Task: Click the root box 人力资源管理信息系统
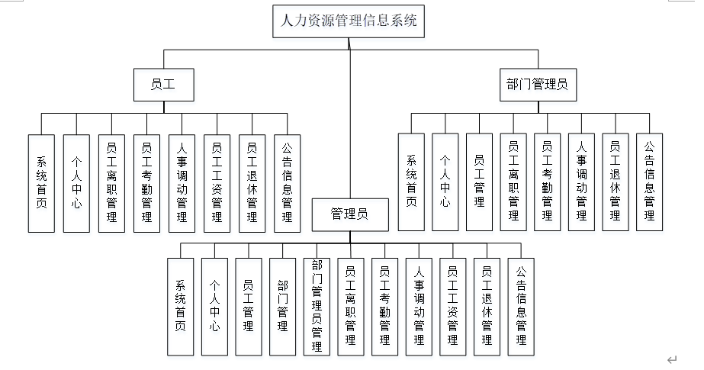click(349, 21)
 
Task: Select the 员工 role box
click(164, 85)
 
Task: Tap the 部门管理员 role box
click(538, 85)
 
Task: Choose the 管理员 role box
click(350, 214)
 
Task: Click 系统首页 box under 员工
click(41, 183)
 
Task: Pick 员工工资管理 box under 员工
click(217, 183)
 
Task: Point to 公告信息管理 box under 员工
click(288, 183)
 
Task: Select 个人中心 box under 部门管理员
click(445, 182)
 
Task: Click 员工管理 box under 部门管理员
click(480, 182)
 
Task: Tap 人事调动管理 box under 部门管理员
click(581, 182)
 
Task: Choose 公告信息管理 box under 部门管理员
click(649, 182)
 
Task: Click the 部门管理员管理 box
click(317, 307)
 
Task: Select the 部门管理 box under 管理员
click(282, 307)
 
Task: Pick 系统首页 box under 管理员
click(181, 307)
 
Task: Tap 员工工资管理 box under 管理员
click(452, 307)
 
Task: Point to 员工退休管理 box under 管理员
click(487, 307)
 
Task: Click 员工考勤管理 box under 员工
click(146, 183)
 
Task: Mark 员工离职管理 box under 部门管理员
click(513, 182)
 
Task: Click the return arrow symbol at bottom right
click(672, 359)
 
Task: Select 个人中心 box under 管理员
click(214, 307)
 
